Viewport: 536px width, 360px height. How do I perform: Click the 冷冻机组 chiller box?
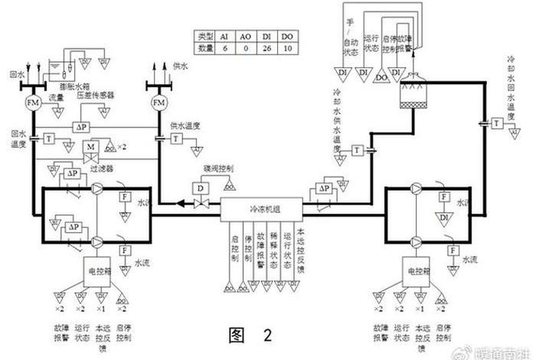264,208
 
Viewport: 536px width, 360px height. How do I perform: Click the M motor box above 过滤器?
90,146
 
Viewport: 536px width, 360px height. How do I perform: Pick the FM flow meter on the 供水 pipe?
159,102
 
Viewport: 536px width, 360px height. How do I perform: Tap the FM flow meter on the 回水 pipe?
34,102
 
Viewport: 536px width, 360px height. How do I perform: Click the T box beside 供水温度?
177,138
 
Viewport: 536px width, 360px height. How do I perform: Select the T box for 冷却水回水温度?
498,123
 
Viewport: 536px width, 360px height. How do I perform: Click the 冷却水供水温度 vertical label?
336,126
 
